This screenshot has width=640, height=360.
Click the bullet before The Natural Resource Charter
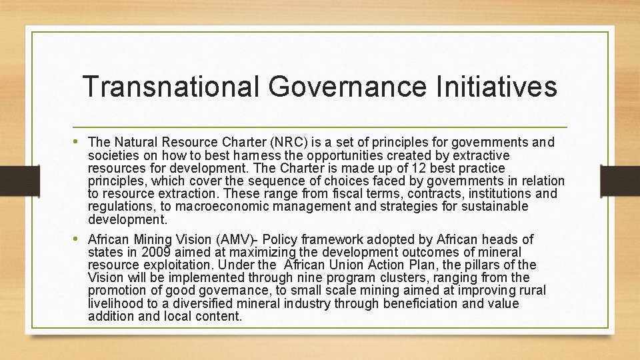click(x=79, y=142)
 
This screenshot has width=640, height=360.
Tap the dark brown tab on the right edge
click(x=620, y=181)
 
